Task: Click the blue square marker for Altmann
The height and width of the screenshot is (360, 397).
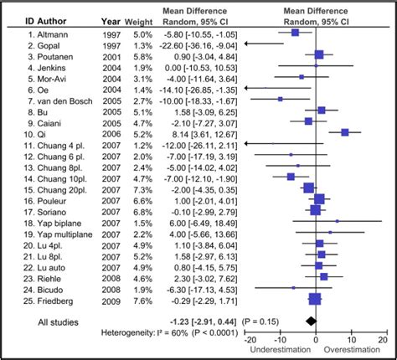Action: point(296,33)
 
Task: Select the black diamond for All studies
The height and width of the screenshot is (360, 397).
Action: point(312,320)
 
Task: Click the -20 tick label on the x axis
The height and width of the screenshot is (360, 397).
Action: point(249,339)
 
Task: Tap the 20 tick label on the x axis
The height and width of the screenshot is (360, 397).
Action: point(381,339)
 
